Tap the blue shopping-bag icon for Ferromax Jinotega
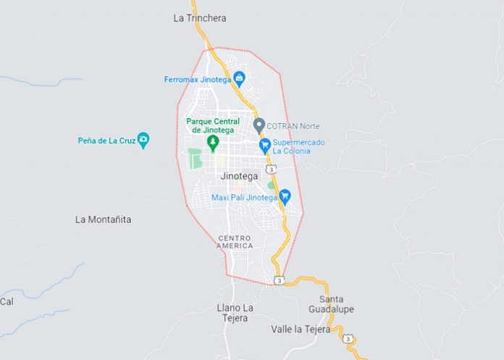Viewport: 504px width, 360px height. coord(239,79)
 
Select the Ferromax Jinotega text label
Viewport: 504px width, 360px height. coord(197,79)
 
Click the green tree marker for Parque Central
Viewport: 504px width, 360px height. coord(212,141)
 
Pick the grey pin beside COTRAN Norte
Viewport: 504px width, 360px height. coord(259,125)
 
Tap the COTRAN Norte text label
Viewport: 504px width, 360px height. coord(293,126)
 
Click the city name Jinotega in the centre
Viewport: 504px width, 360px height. coord(239,176)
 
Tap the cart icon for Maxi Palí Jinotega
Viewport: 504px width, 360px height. coord(285,196)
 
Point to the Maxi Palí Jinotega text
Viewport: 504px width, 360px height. coord(244,197)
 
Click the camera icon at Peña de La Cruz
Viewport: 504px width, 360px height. coord(143,140)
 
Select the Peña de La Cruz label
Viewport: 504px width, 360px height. coord(107,140)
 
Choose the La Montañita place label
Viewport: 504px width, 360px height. coord(104,219)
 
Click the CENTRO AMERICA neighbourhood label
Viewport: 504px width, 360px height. coord(235,242)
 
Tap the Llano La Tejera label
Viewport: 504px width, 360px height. coord(235,313)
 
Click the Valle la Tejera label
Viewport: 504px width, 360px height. coord(301,329)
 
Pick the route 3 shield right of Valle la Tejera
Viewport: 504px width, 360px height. coord(349,338)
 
